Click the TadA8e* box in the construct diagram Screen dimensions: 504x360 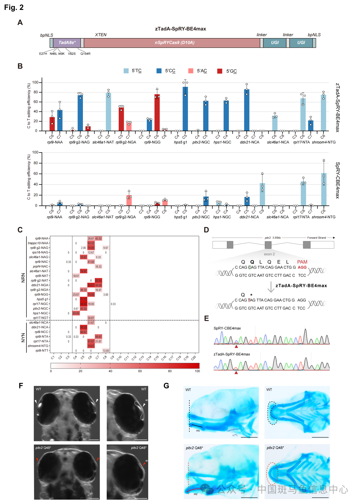click(x=67, y=43)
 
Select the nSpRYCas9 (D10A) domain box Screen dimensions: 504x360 click(x=174, y=43)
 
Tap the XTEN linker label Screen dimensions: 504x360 click(x=101, y=35)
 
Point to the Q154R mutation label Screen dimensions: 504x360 click(x=85, y=54)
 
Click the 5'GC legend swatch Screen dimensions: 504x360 click(x=219, y=71)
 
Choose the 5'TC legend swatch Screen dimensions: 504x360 click(x=126, y=71)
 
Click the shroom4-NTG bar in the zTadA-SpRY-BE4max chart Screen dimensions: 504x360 click(x=323, y=113)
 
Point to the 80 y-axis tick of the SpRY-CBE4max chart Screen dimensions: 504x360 click(x=36, y=163)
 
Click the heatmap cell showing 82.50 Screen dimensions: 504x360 click(x=98, y=280)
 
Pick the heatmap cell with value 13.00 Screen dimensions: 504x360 click(x=106, y=351)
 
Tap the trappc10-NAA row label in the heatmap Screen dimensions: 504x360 click(x=38, y=243)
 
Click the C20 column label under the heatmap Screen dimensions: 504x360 click(x=194, y=358)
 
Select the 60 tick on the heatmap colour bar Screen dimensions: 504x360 click(x=140, y=371)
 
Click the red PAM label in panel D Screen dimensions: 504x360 click(x=302, y=262)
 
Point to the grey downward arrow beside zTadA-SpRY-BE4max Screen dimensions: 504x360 click(x=271, y=287)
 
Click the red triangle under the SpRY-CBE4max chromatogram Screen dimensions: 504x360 click(x=236, y=346)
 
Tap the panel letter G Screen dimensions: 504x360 click(x=166, y=386)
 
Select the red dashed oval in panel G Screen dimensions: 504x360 click(x=272, y=473)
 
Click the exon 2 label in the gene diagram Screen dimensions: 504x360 click(x=269, y=254)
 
